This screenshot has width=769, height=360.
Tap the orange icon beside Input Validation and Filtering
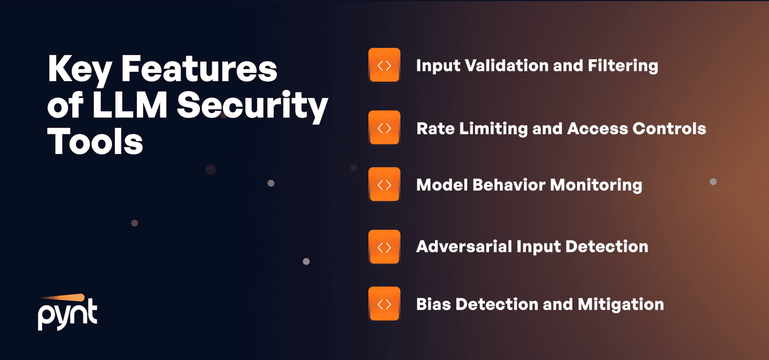(384, 65)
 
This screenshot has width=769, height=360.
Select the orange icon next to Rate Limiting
(384, 128)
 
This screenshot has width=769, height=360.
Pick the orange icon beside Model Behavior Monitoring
(384, 185)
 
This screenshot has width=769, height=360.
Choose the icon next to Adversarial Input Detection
(384, 247)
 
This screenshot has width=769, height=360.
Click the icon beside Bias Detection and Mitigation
(384, 304)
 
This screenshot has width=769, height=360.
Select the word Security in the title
(252, 107)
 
